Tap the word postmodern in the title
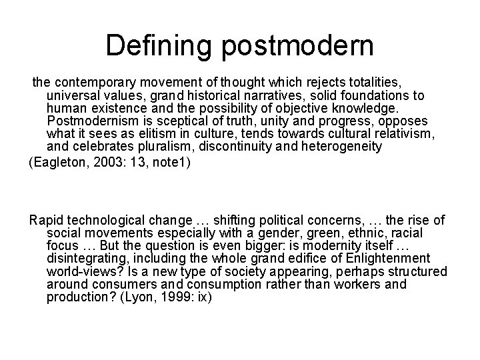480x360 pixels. coord(297,47)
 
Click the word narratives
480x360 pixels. coord(260,95)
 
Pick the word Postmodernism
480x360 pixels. coord(94,121)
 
